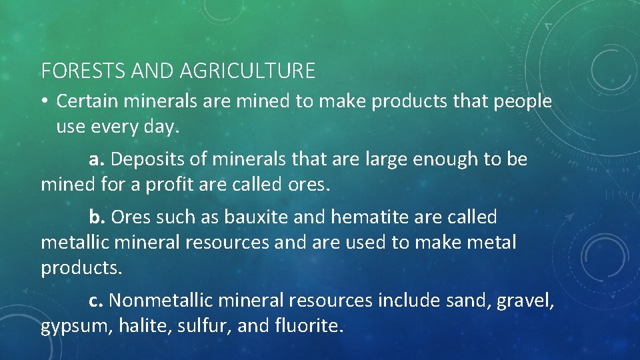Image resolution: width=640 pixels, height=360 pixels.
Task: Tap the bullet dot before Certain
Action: (x=45, y=102)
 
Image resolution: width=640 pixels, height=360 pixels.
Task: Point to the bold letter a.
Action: (x=96, y=160)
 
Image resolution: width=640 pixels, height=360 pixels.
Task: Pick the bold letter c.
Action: (x=96, y=301)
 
